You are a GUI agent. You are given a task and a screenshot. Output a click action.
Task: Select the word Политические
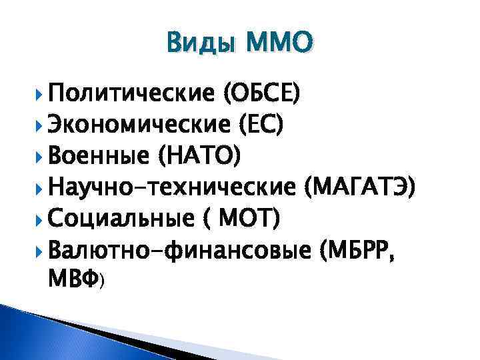pos(131,95)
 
